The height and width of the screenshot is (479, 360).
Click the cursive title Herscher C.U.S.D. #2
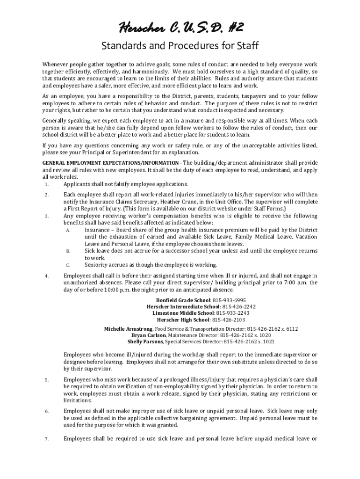tap(180, 29)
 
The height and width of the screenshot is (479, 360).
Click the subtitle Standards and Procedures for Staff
tap(180, 46)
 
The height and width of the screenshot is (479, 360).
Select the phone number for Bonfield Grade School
tap(229, 300)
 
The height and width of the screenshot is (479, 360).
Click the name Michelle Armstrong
tap(128, 329)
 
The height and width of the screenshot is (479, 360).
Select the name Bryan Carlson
tap(148, 335)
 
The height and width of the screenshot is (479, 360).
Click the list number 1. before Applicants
tap(47, 184)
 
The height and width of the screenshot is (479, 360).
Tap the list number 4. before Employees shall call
tap(47, 276)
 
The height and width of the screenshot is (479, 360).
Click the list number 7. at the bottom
tap(47, 439)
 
